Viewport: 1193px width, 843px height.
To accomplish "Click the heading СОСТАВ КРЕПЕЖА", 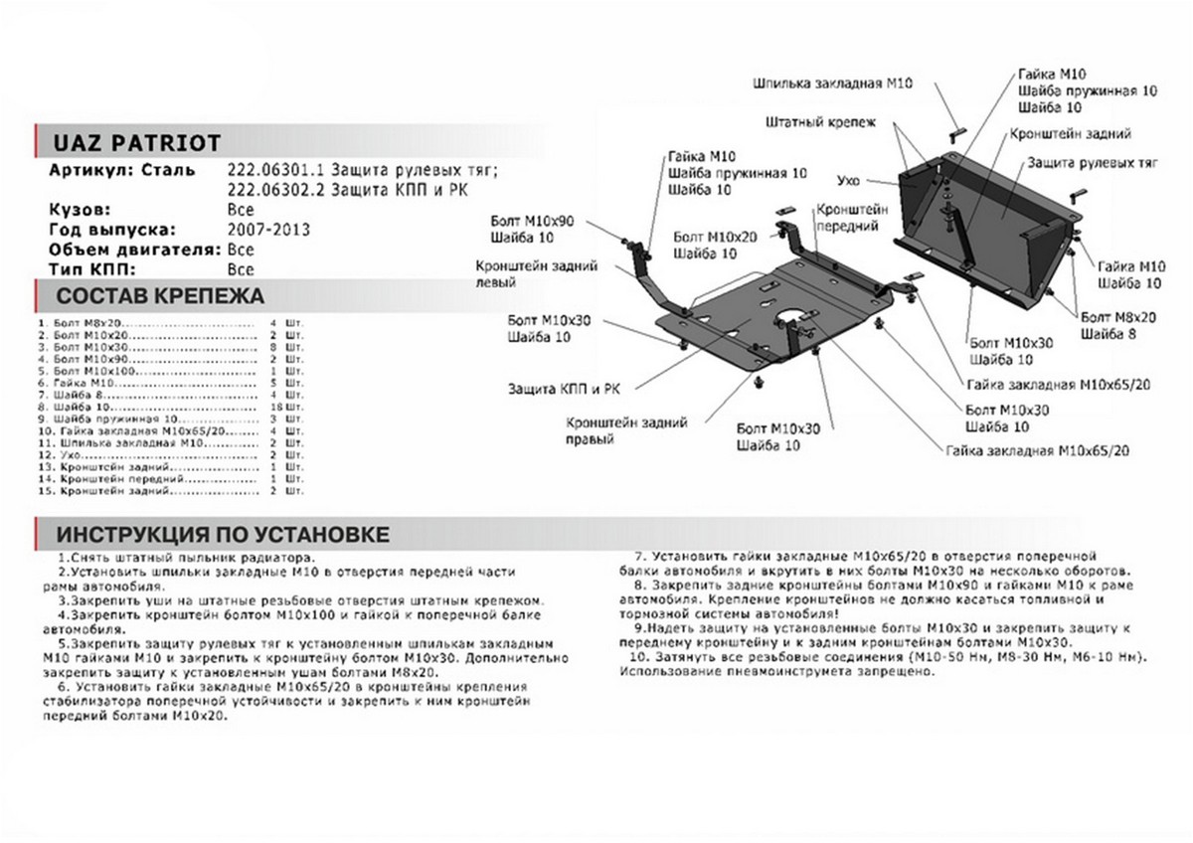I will (160, 295).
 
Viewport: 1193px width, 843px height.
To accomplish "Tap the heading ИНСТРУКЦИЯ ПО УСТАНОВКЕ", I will (223, 533).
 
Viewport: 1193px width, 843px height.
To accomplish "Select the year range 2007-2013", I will (268, 230).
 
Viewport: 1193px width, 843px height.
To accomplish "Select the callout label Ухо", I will (848, 180).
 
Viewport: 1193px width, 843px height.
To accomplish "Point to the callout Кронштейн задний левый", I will (535, 273).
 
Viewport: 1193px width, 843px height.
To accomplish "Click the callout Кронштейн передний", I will (851, 218).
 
